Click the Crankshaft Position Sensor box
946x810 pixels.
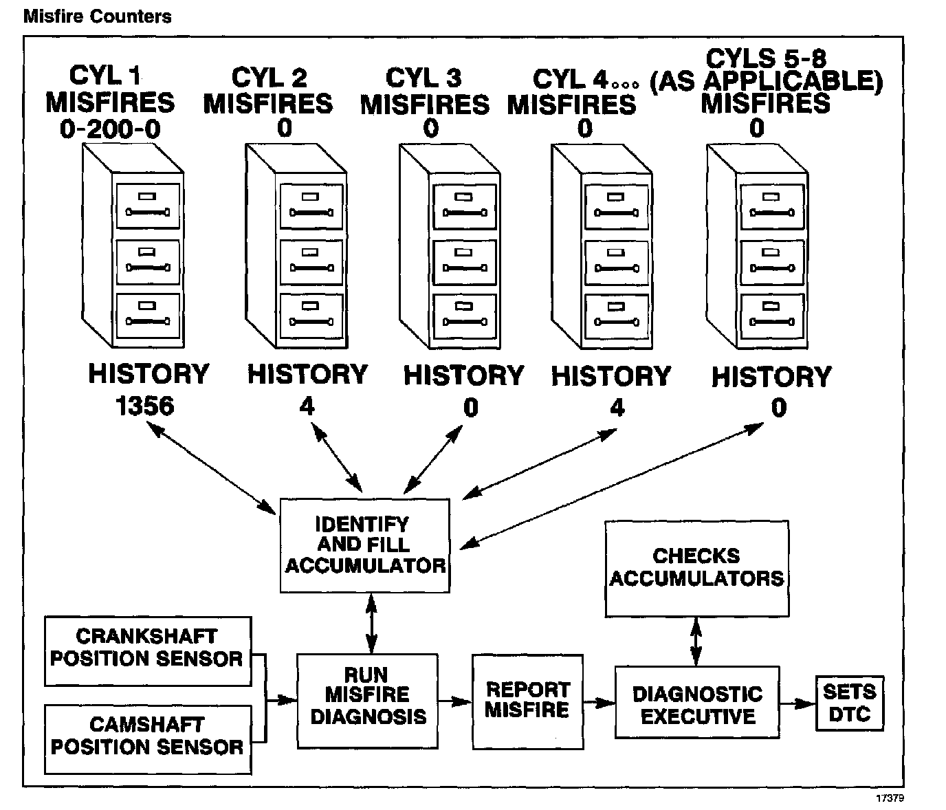[x=148, y=650]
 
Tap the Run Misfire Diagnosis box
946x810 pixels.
[x=367, y=701]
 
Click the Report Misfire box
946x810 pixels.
[x=527, y=701]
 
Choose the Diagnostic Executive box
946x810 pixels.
[x=696, y=702]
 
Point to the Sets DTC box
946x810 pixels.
[x=850, y=703]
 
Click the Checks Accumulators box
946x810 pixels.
[x=696, y=568]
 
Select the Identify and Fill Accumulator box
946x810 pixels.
[x=365, y=545]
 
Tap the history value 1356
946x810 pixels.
[x=145, y=406]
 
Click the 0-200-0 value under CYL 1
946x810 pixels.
[x=110, y=129]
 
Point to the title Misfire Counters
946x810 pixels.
[x=98, y=16]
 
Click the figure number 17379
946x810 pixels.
[x=890, y=798]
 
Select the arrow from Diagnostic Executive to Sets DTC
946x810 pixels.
[x=797, y=703]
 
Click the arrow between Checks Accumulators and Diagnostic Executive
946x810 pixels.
[x=696, y=642]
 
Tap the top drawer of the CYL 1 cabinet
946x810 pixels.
[x=148, y=205]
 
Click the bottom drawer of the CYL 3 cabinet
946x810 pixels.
[x=465, y=316]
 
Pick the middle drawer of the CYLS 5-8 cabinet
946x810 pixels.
[x=771, y=261]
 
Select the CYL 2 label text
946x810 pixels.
[x=269, y=78]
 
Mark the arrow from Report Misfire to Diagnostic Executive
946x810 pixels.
[x=599, y=703]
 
